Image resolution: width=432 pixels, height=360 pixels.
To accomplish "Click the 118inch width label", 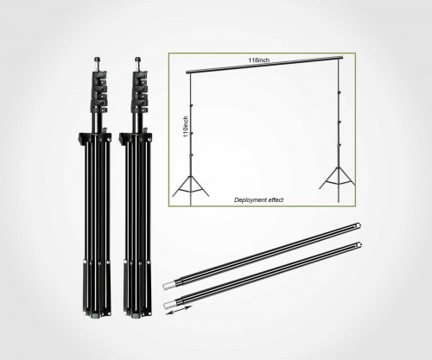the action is tap(259, 60).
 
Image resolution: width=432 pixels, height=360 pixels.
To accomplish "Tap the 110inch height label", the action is tap(186, 127).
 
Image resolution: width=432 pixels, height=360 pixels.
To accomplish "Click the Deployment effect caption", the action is tap(258, 199).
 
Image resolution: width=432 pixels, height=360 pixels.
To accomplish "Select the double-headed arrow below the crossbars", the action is tap(179, 311).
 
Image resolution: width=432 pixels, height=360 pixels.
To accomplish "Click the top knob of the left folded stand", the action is tap(98, 60).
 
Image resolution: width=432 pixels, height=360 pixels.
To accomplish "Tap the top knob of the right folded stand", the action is tap(138, 60).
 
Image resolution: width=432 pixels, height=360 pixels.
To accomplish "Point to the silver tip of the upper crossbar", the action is tap(168, 286).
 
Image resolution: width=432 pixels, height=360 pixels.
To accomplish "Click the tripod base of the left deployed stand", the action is tap(191, 186).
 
